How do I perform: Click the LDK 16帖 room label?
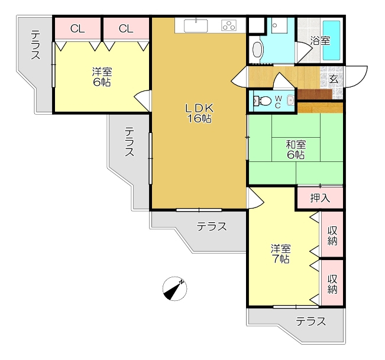199,113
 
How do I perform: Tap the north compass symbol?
174,288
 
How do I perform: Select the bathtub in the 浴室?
331,40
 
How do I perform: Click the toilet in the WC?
262,100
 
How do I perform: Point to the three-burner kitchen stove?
229,25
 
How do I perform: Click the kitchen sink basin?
196,26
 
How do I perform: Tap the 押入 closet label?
320,198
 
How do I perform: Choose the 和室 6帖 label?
296,150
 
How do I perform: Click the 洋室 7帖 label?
281,254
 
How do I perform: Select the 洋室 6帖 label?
102,77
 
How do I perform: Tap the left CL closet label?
77,29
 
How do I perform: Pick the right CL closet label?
126,29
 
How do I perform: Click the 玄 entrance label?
333,79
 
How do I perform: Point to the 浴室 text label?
320,41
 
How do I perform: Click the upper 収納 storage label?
332,236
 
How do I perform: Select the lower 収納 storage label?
332,284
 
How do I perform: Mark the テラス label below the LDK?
211,226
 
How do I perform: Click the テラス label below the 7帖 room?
310,321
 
